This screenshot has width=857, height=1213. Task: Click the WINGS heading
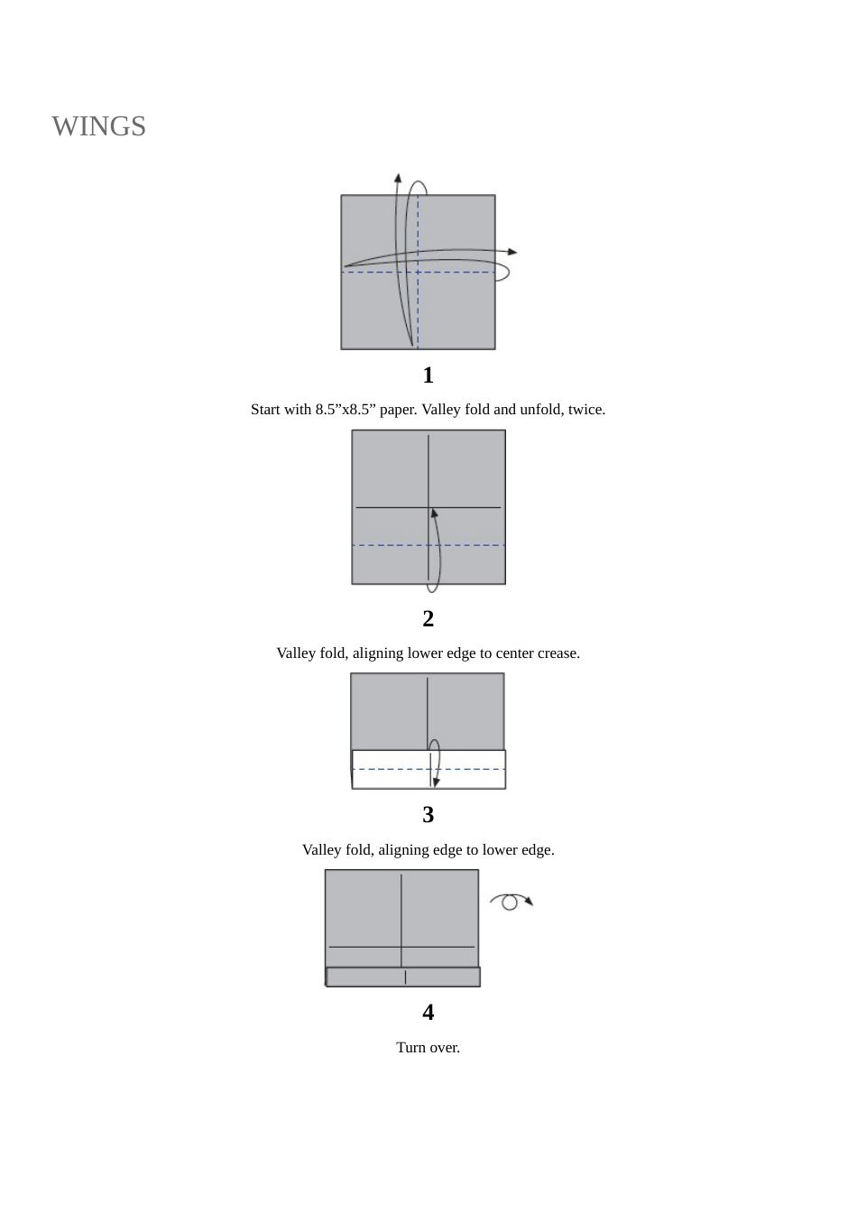click(98, 126)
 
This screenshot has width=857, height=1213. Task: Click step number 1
click(428, 375)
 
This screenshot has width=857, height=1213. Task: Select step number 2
click(428, 619)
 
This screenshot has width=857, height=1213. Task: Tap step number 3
click(428, 815)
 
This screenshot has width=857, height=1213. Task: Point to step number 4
click(428, 1013)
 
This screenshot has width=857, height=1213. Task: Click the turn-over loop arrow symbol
click(511, 901)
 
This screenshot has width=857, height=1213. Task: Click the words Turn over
click(428, 1048)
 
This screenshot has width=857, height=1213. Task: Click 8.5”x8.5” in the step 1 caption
click(346, 410)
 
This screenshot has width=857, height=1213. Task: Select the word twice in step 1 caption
click(586, 410)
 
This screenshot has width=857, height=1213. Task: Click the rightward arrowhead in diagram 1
click(512, 252)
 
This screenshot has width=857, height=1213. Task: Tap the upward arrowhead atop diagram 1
click(398, 178)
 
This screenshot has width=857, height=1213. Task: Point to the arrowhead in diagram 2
click(434, 514)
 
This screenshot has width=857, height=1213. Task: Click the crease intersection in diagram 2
click(428, 508)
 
